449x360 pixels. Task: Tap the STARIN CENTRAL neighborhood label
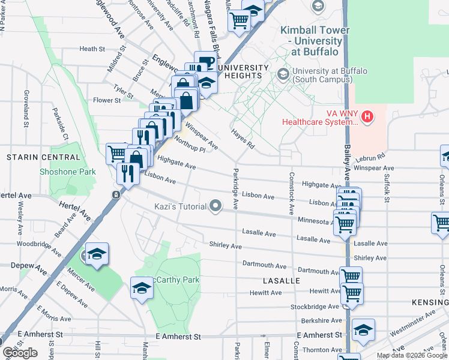tap(43, 157)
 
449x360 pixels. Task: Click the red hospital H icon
tap(367, 116)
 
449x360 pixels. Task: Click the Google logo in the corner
tap(20, 353)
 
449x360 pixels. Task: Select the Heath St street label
tap(92, 49)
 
